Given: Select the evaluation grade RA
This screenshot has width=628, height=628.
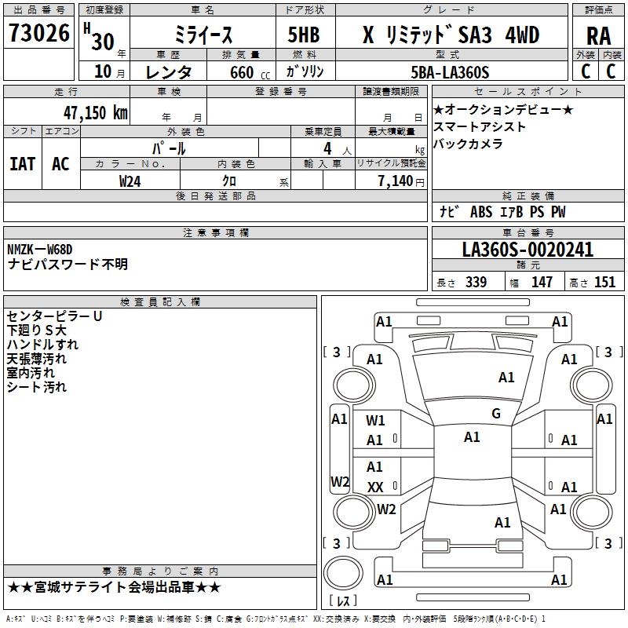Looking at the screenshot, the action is [x=598, y=36].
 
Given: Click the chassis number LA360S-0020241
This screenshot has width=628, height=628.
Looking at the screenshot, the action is [x=528, y=250].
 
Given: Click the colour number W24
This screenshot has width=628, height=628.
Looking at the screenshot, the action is [x=130, y=181].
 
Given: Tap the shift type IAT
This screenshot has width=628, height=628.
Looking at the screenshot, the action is [x=22, y=164].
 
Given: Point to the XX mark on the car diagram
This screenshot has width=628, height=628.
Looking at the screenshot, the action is [x=375, y=487].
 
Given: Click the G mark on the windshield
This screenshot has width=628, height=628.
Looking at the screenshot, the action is [x=495, y=414].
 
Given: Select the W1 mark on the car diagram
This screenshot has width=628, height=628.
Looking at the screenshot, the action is [x=375, y=420].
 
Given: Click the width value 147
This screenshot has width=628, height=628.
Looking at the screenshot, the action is [x=542, y=283].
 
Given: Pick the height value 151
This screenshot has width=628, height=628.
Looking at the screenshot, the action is [x=604, y=283].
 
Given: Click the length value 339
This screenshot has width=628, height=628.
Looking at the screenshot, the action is [x=476, y=283].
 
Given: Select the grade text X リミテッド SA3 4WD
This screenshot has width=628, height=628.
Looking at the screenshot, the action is [x=451, y=36].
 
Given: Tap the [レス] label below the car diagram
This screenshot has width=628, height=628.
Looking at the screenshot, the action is [x=343, y=601].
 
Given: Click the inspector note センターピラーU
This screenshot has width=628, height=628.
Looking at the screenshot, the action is [x=54, y=316].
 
